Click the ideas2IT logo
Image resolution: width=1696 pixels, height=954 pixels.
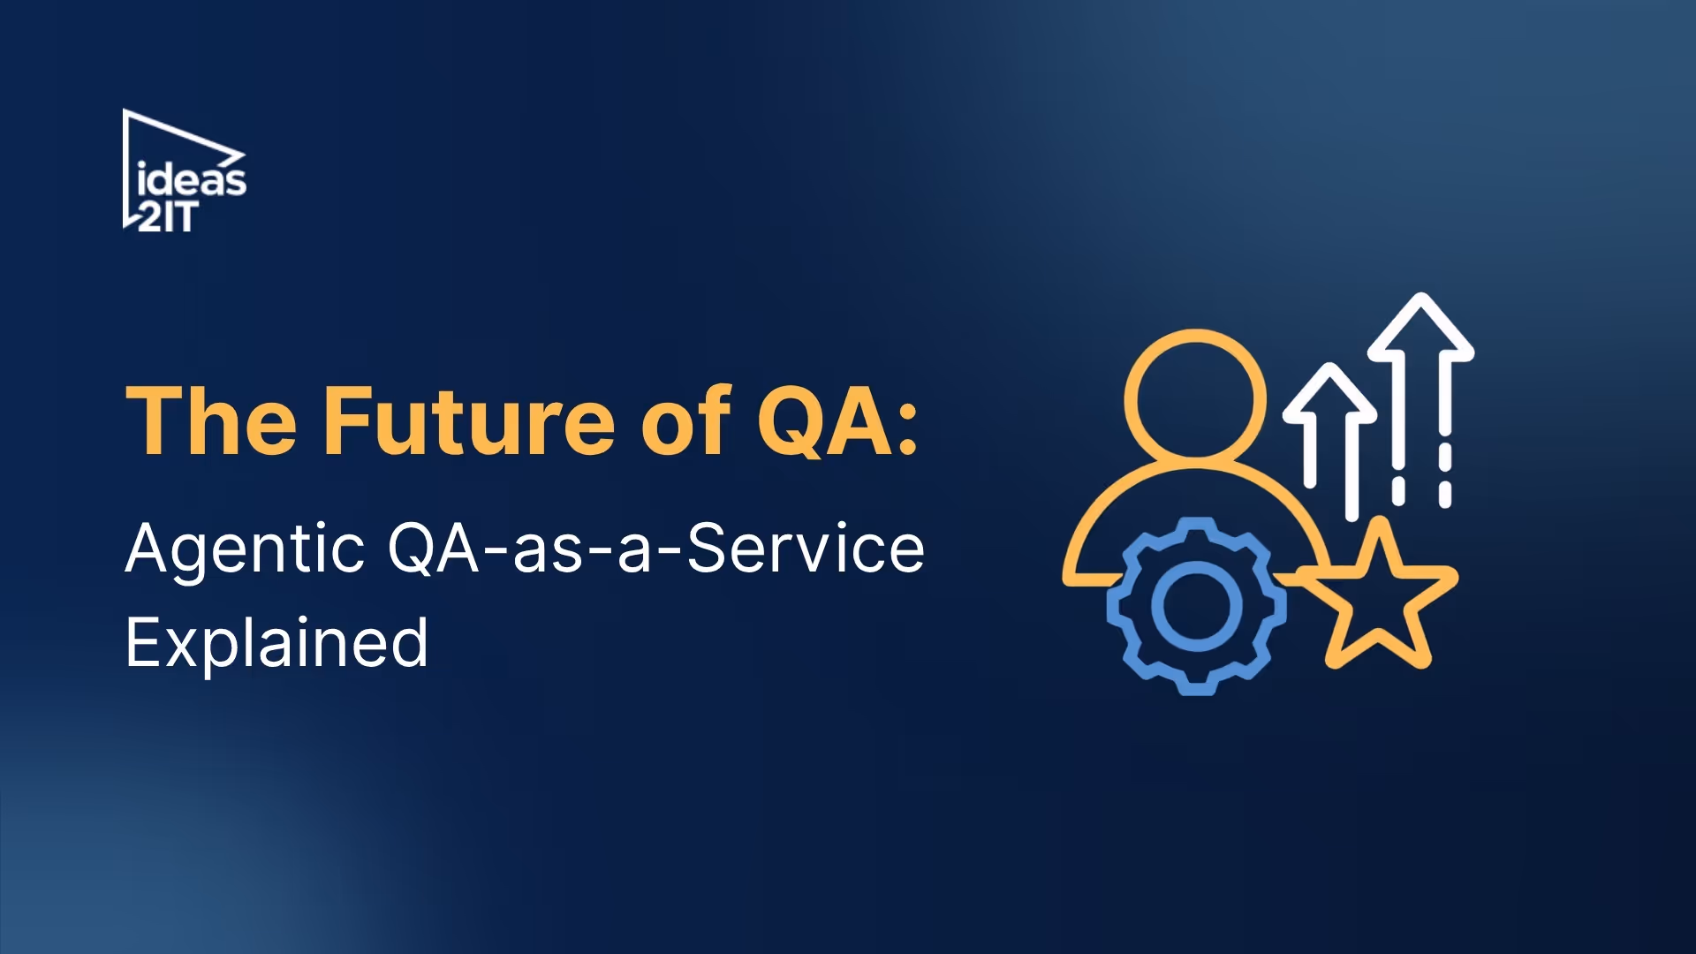[x=184, y=171]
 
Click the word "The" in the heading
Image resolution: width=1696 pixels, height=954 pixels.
[x=211, y=422]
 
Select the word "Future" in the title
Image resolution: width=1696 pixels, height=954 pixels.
[x=469, y=422]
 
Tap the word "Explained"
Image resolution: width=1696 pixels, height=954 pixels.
[x=276, y=643]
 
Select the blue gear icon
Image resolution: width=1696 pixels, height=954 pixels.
[x=1196, y=606]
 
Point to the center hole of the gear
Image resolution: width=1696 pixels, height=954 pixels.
[x=1196, y=606]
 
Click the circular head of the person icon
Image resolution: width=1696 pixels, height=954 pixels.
[x=1195, y=396]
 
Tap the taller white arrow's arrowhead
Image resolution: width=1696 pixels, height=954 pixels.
[x=1420, y=327]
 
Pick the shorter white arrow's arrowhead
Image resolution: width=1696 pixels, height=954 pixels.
[x=1329, y=393]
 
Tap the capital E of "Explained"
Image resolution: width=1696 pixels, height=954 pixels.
[x=143, y=643]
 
